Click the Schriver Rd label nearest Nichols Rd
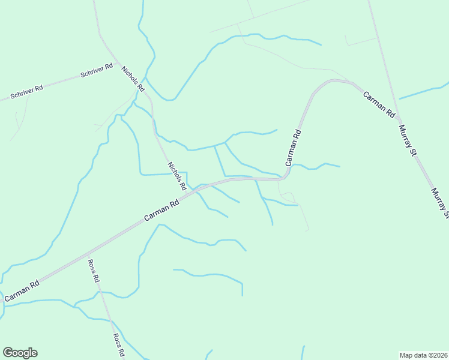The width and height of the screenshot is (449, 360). click(x=97, y=70)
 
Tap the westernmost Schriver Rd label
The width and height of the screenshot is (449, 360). click(x=26, y=92)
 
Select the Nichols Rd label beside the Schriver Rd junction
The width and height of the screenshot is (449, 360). click(x=133, y=79)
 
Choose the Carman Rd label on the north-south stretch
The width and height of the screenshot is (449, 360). click(x=292, y=148)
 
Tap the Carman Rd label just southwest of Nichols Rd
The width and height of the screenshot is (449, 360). click(x=163, y=212)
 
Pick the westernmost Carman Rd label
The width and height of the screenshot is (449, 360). click(x=22, y=290)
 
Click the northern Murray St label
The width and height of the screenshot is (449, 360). click(x=408, y=141)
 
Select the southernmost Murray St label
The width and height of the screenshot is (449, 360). click(x=440, y=203)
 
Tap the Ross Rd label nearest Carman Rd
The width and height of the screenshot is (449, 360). click(x=93, y=271)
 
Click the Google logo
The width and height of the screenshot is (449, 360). click(x=20, y=353)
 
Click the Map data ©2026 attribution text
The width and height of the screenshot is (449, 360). click(x=423, y=355)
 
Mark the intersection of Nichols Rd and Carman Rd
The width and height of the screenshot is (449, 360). click(x=192, y=191)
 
